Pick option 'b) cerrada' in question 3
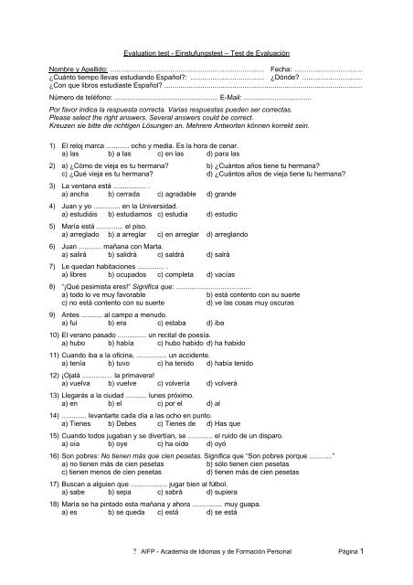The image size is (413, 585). tap(125, 195)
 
